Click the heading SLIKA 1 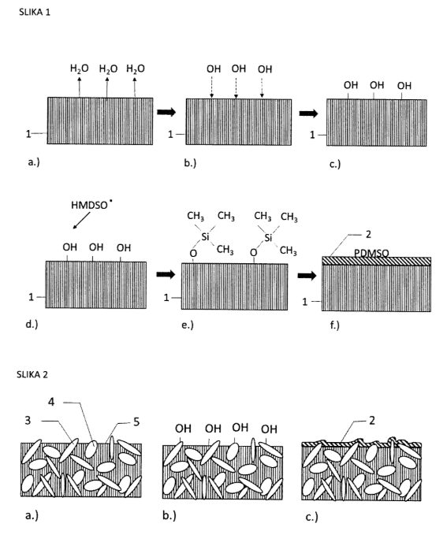click(x=35, y=12)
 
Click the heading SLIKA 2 click(x=32, y=375)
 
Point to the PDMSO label click(x=371, y=253)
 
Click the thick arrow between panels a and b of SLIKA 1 click(x=166, y=112)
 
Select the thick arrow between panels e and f click(x=307, y=276)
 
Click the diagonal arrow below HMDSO click(x=81, y=221)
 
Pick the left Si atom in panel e click(x=205, y=237)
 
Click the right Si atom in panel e click(x=268, y=237)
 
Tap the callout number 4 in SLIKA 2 click(x=51, y=402)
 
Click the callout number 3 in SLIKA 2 click(x=28, y=420)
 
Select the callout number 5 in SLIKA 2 click(x=136, y=422)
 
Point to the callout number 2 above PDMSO click(x=368, y=234)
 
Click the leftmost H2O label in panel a click(x=79, y=69)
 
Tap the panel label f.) click(x=334, y=325)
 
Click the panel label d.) click(x=32, y=324)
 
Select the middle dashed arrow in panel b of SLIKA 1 click(x=236, y=87)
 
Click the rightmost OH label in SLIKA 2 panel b click(x=269, y=429)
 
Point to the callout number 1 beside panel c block click(x=312, y=135)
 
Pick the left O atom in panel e click(x=193, y=253)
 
